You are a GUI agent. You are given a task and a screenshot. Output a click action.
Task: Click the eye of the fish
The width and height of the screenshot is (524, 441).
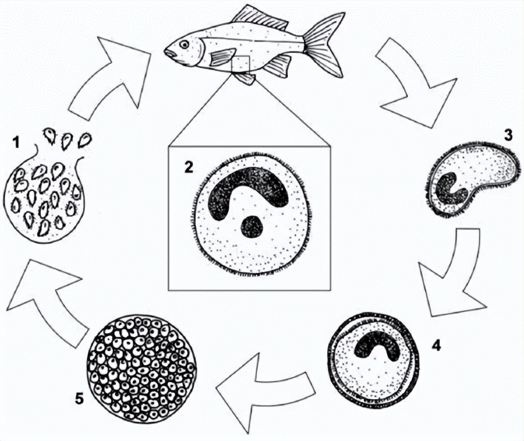(x=184, y=44)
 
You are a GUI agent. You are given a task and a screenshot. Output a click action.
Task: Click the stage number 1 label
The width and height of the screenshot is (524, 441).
(x=15, y=142)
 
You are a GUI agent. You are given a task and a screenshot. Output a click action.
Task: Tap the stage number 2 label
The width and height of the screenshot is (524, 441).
(x=189, y=166)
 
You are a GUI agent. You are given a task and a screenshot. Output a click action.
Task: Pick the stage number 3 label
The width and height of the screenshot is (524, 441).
(x=508, y=135)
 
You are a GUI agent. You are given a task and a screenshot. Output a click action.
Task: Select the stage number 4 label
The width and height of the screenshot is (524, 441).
(x=436, y=345)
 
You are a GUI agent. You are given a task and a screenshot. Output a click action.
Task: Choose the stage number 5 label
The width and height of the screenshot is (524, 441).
(x=79, y=399)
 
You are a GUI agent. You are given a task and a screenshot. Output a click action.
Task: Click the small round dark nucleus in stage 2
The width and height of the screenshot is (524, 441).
(x=252, y=227)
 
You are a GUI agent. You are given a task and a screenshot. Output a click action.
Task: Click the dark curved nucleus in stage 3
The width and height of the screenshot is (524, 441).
(x=449, y=191)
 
